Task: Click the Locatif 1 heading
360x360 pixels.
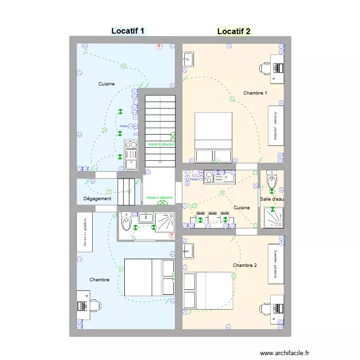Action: (128, 31)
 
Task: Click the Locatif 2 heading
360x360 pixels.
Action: (234, 32)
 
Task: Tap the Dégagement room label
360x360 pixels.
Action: (97, 199)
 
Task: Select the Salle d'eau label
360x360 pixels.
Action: (272, 199)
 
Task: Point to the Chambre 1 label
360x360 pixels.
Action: (255, 93)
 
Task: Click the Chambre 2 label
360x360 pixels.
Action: (245, 265)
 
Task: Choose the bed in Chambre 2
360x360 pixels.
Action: (208, 290)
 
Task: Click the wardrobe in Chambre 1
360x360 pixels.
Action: (276, 126)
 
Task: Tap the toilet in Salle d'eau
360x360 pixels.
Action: (272, 180)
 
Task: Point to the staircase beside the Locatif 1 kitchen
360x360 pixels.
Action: (160, 130)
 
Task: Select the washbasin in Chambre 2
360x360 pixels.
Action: (188, 250)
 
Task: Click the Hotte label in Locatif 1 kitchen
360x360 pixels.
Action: (124, 126)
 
